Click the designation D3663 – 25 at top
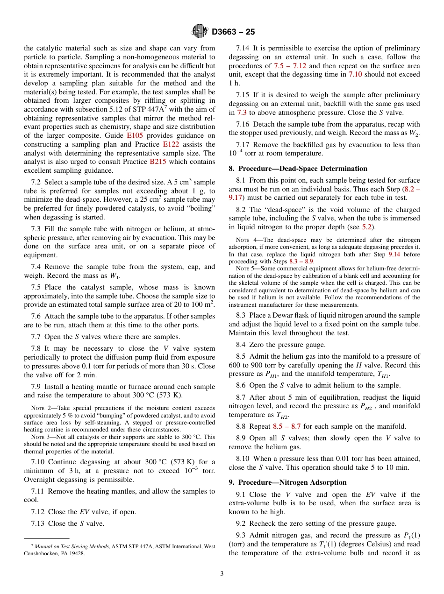(233, 32)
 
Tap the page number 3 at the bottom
(222, 573)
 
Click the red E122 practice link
(171, 144)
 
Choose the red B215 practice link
(157, 162)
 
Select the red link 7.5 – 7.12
(290, 66)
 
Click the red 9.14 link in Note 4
(395, 255)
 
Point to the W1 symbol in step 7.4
(113, 276)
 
